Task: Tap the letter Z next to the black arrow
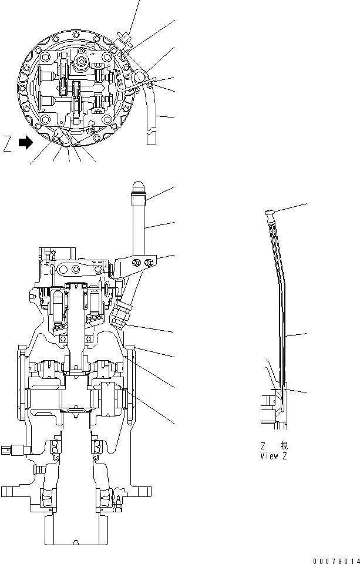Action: pos(7,143)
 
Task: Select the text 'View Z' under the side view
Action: pos(274,456)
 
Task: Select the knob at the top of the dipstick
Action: pos(270,212)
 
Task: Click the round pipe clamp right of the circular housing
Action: pos(140,77)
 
